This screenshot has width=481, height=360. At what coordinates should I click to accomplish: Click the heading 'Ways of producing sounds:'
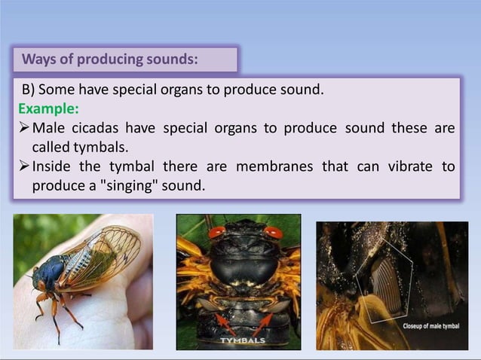110,59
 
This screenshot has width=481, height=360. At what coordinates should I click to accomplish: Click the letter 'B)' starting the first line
27,90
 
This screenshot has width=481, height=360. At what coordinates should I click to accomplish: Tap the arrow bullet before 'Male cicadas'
23,127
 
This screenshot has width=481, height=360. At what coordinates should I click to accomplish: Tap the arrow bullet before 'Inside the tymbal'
23,166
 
